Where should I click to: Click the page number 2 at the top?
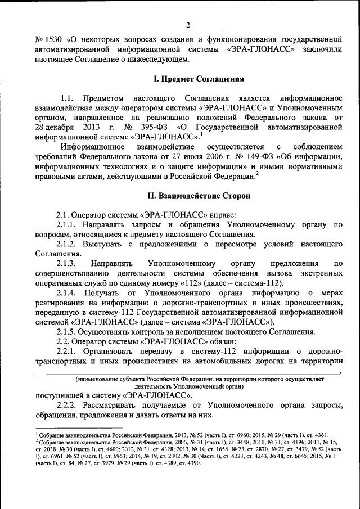188,25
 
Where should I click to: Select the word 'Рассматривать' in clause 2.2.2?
116,405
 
